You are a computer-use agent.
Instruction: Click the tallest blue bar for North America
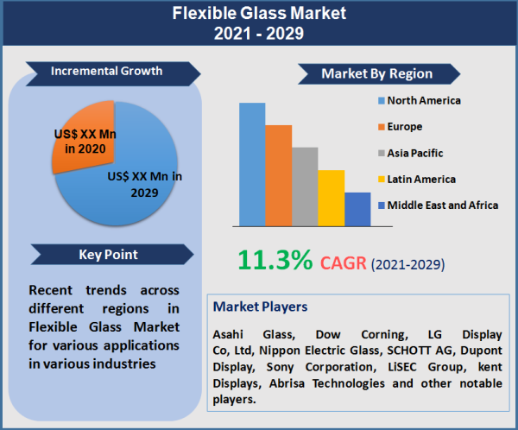point(252,164)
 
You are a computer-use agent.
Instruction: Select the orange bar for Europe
point(278,175)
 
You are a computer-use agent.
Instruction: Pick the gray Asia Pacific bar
point(305,187)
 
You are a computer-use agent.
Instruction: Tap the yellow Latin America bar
point(331,198)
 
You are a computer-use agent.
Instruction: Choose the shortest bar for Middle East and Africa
point(357,209)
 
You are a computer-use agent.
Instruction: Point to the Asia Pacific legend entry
point(414,153)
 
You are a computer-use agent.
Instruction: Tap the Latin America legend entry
point(420,179)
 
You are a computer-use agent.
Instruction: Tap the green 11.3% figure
point(274,261)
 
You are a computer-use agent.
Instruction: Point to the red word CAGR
point(344,262)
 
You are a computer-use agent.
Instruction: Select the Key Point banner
point(108,254)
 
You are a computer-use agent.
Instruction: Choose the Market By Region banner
point(376,73)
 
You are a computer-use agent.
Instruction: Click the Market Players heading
point(260,307)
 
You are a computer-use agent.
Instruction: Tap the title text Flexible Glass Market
point(259,14)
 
